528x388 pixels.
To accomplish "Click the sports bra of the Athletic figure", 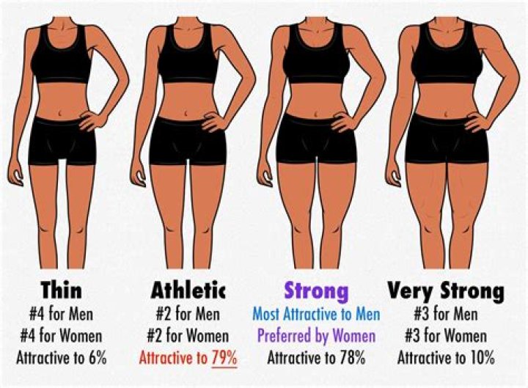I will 188,55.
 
